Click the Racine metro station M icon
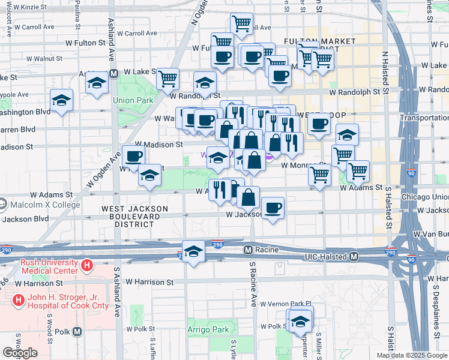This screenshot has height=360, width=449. [247, 249]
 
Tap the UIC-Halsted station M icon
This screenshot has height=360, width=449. [354, 257]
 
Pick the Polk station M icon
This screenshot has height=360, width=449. [77, 331]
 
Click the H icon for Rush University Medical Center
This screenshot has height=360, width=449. [88, 265]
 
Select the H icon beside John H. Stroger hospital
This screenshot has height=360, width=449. [19, 299]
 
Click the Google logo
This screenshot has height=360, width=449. [20, 353]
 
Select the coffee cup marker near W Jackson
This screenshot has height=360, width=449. [273, 208]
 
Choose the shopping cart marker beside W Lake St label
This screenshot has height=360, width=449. [167, 78]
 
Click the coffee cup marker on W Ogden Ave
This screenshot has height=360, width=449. [133, 157]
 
